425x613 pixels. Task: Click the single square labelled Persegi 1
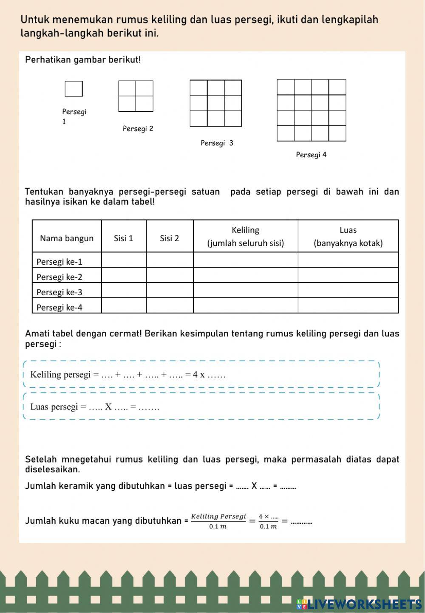pyautogui.click(x=74, y=89)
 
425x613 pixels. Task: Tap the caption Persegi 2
pyautogui.click(x=138, y=129)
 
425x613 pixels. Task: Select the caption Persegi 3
pyautogui.click(x=217, y=143)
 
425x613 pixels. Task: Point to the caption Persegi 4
pyautogui.click(x=311, y=155)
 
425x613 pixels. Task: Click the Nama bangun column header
pyautogui.click(x=67, y=238)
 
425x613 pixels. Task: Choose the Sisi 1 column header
pyautogui.click(x=123, y=238)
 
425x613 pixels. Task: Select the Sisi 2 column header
pyautogui.click(x=169, y=238)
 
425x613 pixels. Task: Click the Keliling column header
pyautogui.click(x=245, y=236)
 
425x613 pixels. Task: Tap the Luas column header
pyautogui.click(x=348, y=236)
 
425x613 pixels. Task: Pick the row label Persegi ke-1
pyautogui.click(x=59, y=262)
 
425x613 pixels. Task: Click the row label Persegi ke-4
pyautogui.click(x=59, y=308)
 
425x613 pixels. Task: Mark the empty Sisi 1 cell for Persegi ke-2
pyautogui.click(x=124, y=275)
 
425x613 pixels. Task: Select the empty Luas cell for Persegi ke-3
pyautogui.click(x=348, y=291)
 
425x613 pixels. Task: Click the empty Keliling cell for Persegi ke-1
pyautogui.click(x=245, y=260)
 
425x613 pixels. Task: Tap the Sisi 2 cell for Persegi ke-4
pyautogui.click(x=170, y=306)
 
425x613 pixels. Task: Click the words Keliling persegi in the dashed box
pyautogui.click(x=60, y=375)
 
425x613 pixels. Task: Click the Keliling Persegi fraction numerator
pyautogui.click(x=218, y=517)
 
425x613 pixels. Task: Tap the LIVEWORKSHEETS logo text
pyautogui.click(x=364, y=604)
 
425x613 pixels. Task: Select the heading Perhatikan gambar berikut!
pyautogui.click(x=83, y=60)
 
